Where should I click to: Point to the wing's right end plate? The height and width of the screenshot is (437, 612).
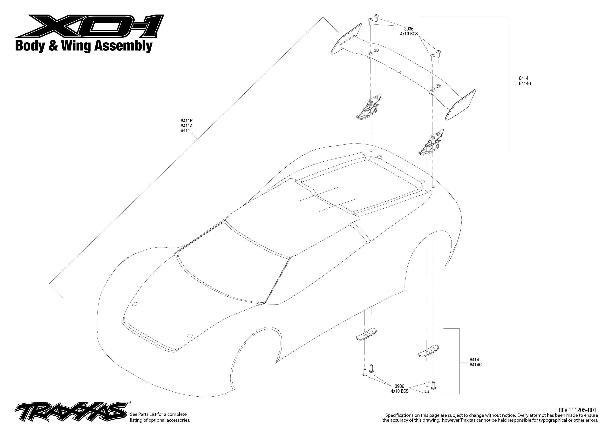point(460,104)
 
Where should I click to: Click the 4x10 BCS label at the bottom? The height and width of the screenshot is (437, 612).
point(400,391)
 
